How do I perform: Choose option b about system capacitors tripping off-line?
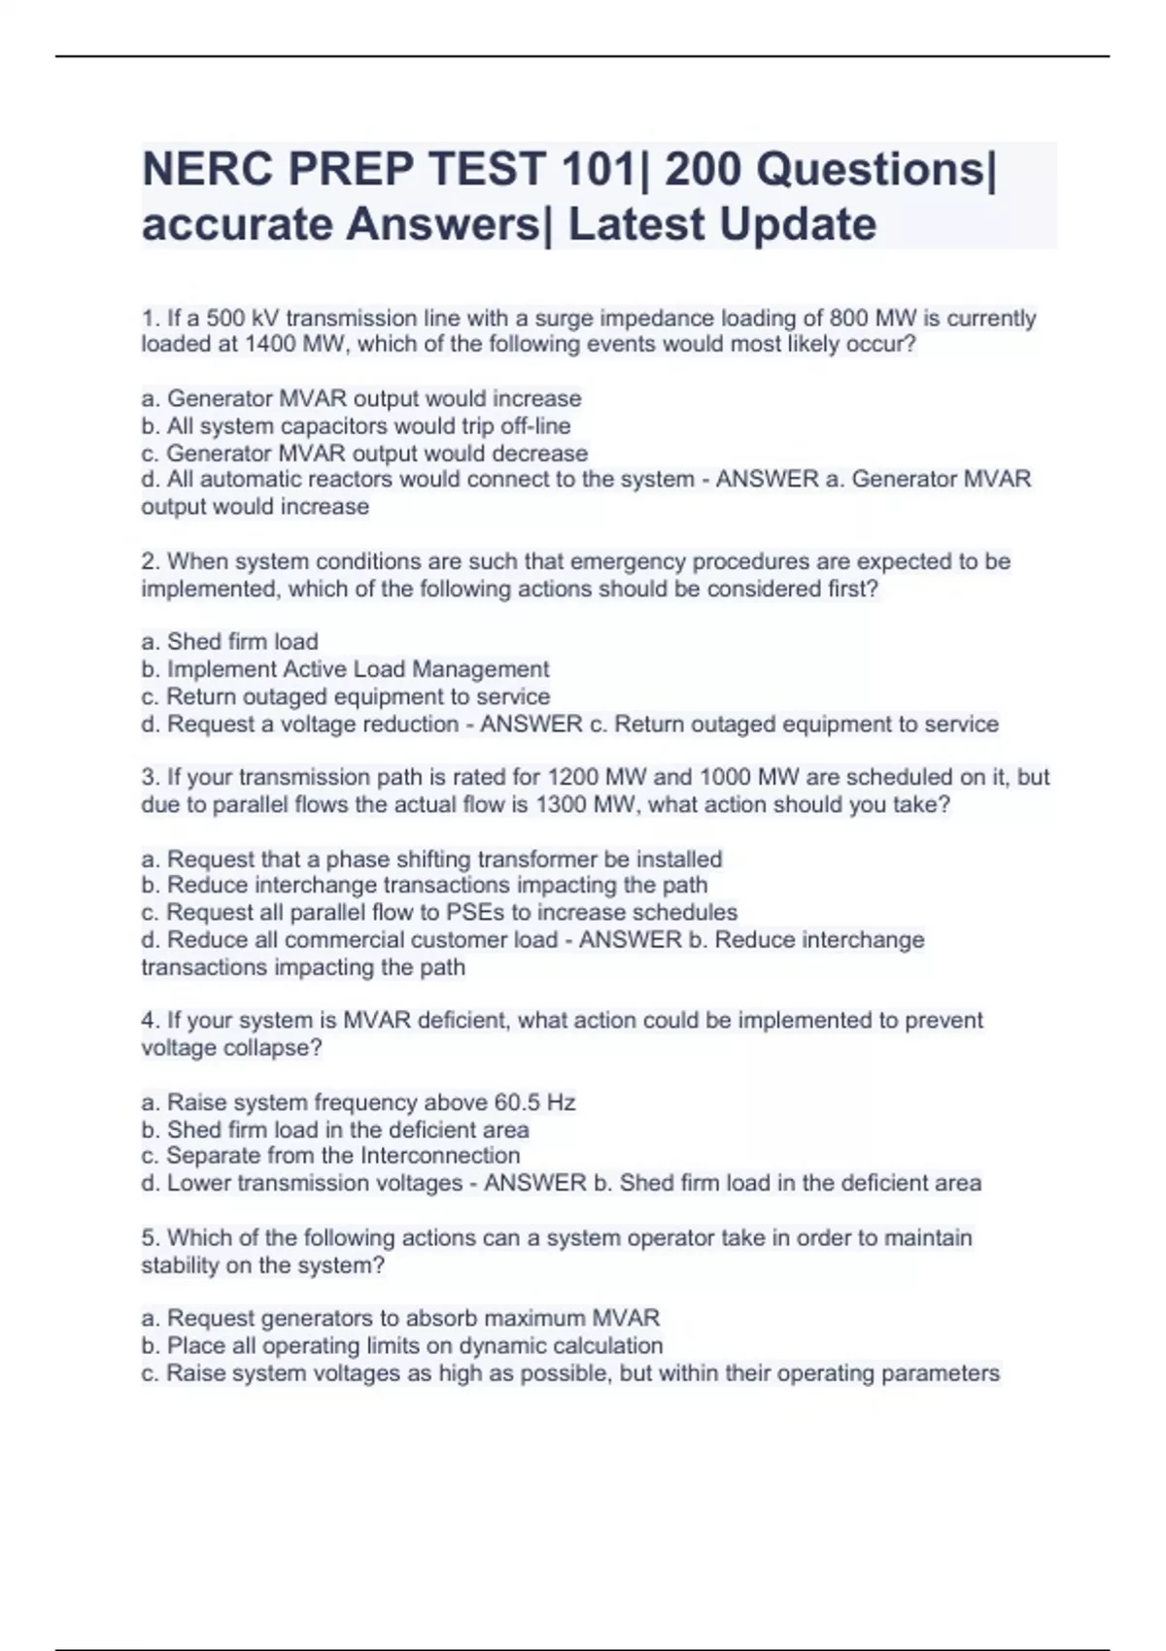[356, 426]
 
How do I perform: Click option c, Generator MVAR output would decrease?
[364, 454]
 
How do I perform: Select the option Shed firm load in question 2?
[230, 642]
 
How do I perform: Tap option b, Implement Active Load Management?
[345, 669]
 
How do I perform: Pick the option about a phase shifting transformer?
[431, 859]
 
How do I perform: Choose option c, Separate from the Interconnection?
[330, 1156]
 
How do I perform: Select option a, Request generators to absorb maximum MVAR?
[400, 1319]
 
